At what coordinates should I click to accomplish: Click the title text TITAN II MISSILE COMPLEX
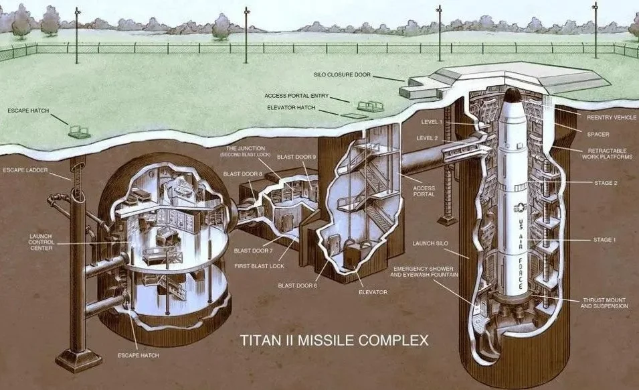334,340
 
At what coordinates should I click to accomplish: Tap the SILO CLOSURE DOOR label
343,74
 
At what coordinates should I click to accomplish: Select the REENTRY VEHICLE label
612,117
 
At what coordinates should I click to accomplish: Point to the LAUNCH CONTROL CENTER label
41,242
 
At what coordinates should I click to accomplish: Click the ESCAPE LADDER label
25,170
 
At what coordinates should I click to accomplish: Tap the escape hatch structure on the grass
79,131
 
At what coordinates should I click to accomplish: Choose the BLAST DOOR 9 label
296,157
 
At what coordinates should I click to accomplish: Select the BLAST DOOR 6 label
298,285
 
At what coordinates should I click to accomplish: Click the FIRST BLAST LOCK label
259,266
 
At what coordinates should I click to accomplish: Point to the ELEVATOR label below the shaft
373,292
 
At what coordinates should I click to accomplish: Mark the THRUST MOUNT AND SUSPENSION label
604,303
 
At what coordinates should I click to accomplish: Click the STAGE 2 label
606,183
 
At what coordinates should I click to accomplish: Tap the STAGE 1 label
605,240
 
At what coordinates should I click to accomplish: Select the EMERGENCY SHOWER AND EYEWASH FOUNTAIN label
424,271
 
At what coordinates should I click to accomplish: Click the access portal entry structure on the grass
371,106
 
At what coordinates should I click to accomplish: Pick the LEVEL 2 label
427,138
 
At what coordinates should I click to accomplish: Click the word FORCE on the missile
521,273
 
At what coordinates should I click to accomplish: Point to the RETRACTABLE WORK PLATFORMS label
607,154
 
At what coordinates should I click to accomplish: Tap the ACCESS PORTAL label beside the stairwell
424,192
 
